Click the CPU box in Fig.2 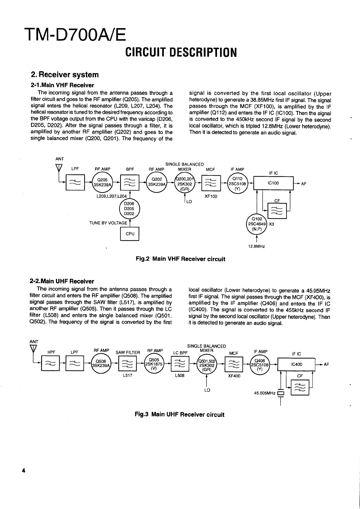tap(129, 234)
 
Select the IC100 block tap(273, 183)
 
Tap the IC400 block tap(296, 364)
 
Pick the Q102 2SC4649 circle tap(257, 224)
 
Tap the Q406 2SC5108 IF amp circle tap(259, 364)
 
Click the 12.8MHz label tap(256, 246)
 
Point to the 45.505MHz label tap(265, 393)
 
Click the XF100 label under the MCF tap(211, 196)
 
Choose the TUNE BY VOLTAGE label tap(108, 223)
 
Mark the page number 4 tap(23, 471)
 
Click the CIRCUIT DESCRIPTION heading tap(181, 52)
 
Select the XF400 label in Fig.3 tap(234, 376)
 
